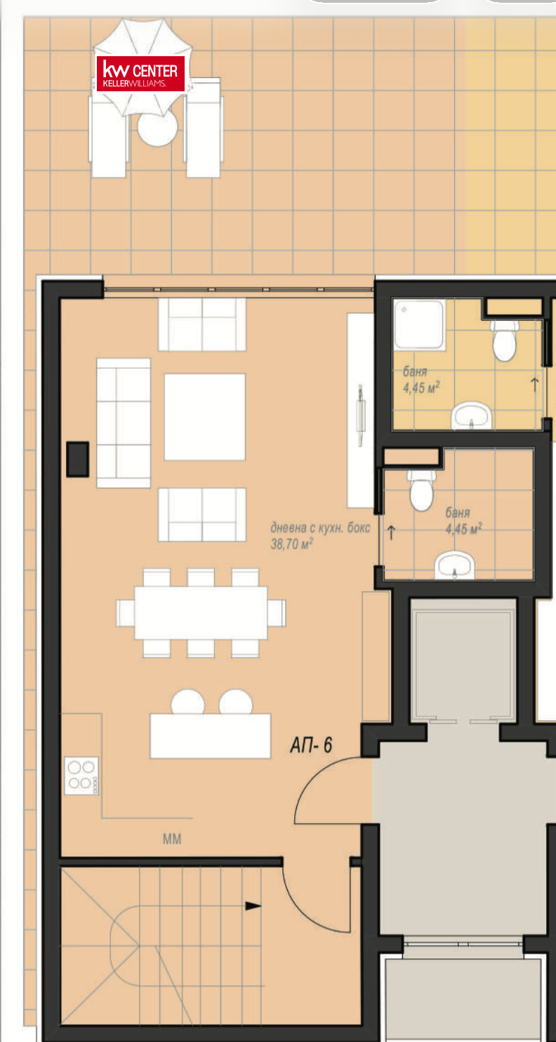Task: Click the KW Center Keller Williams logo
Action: click(x=140, y=74)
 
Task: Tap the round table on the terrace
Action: click(x=158, y=128)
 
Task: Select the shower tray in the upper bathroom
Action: click(x=419, y=324)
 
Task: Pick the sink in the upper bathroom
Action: click(x=472, y=416)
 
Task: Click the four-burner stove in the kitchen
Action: click(x=81, y=776)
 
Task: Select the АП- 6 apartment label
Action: click(x=311, y=745)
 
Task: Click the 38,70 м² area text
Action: click(x=292, y=543)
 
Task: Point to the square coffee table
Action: click(x=205, y=417)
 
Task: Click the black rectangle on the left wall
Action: click(x=78, y=459)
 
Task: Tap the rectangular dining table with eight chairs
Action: click(x=201, y=613)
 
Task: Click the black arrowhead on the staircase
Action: click(x=253, y=906)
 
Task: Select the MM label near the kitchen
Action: click(x=172, y=838)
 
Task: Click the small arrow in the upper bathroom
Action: click(x=535, y=385)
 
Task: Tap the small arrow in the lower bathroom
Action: click(x=391, y=533)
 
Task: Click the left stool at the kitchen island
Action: click(x=188, y=702)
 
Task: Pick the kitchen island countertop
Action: click(x=211, y=736)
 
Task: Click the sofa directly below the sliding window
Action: click(x=202, y=324)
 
